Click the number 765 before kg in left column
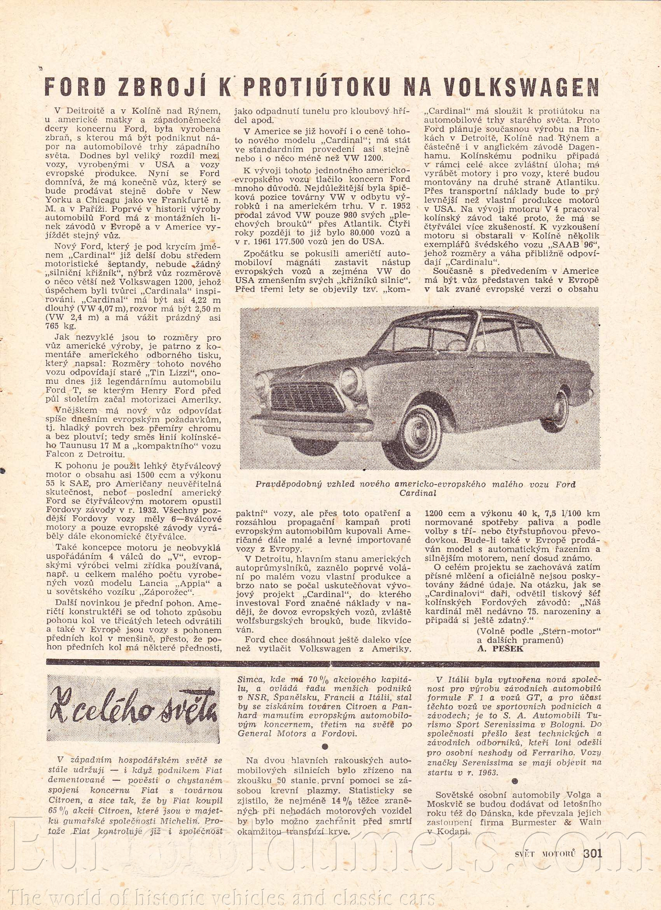click(54, 327)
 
